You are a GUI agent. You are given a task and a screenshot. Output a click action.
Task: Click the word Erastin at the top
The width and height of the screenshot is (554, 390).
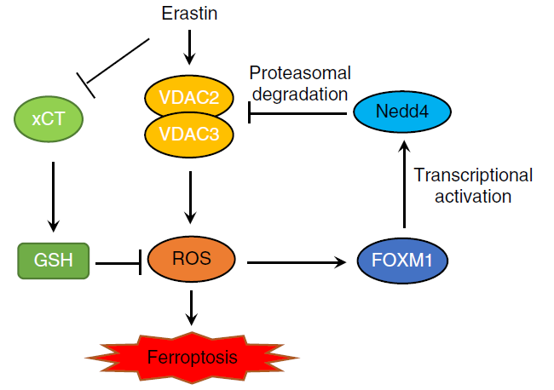(189, 14)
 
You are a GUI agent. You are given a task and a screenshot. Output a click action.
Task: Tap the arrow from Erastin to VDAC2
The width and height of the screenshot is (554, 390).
(190, 47)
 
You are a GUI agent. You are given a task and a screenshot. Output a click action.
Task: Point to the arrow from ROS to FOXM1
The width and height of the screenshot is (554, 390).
(298, 263)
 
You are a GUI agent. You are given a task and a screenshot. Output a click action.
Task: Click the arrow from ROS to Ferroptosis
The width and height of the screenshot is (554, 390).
(191, 307)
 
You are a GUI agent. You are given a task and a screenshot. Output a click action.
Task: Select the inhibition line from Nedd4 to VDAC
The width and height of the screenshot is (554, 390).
(298, 112)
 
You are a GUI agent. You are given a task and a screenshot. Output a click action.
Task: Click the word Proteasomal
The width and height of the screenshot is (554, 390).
(299, 72)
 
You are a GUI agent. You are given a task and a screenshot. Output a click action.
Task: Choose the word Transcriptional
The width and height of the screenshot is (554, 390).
(473, 175)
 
